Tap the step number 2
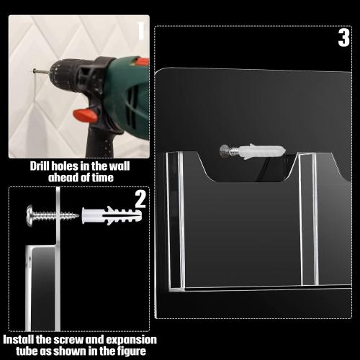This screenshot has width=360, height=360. coord(140,199)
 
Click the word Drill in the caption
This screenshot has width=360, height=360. coord(42,166)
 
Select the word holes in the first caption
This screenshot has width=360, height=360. coord(72,166)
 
